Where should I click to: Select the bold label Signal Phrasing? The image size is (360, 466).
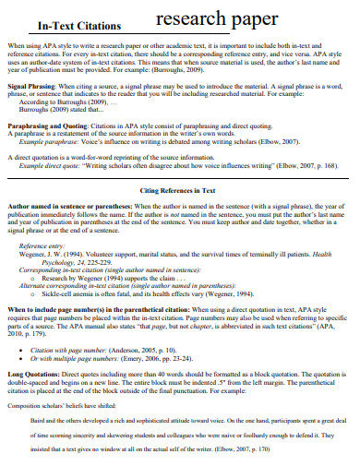click(34, 85)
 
